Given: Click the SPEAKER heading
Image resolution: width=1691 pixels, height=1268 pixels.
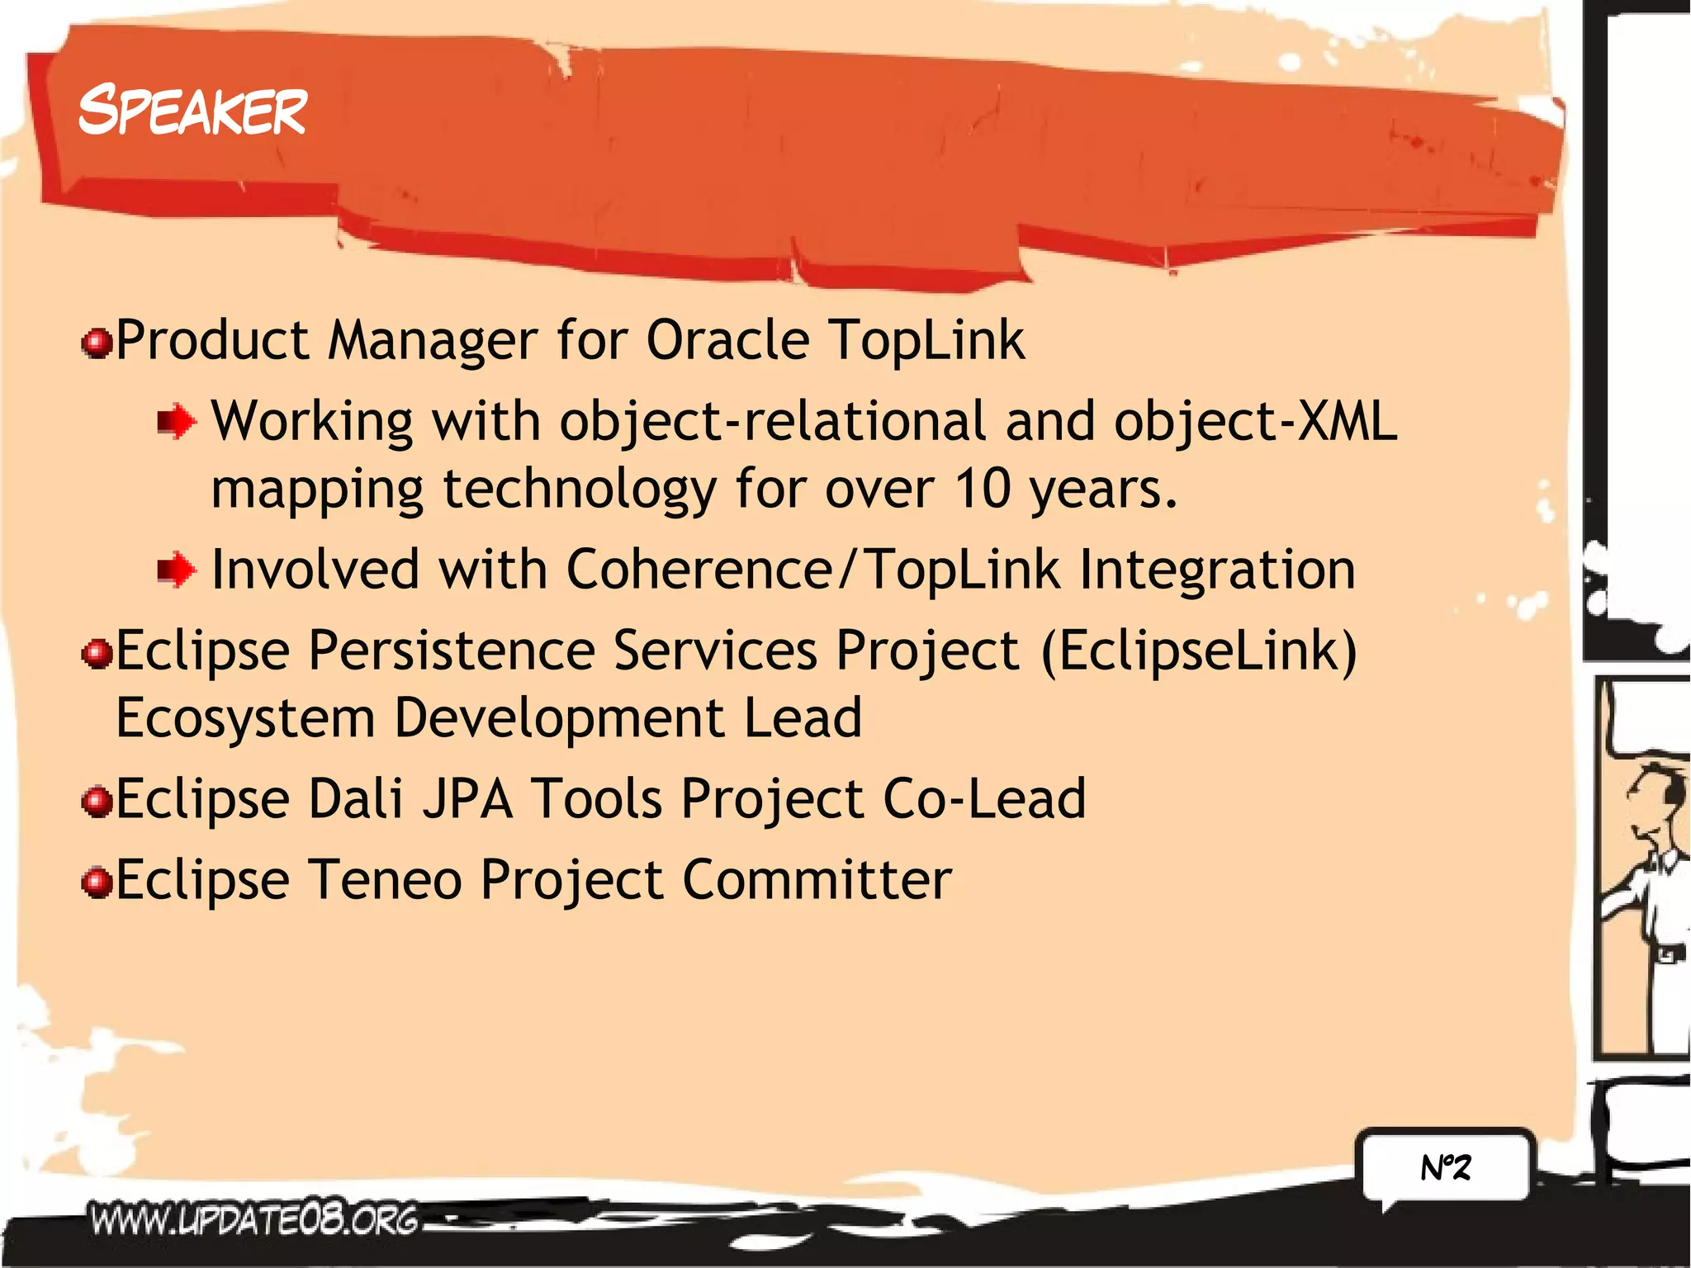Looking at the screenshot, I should pyautogui.click(x=192, y=111).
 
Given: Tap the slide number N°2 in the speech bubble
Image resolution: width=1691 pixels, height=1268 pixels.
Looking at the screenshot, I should pyautogui.click(x=1446, y=1167).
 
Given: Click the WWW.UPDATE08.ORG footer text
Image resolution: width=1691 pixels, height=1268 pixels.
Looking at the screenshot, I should pyautogui.click(x=254, y=1218).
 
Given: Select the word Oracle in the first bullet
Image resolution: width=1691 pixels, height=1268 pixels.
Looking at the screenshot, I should pyautogui.click(x=727, y=340).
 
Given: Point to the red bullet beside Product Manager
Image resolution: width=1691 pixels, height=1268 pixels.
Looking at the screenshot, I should pyautogui.click(x=97, y=343).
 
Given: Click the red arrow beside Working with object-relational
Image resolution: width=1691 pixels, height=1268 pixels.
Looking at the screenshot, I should pyautogui.click(x=177, y=422).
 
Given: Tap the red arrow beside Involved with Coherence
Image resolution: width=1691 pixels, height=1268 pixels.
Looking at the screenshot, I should pyautogui.click(x=177, y=570).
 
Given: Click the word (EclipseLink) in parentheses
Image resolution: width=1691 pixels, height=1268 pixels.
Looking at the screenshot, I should pyautogui.click(x=1199, y=651).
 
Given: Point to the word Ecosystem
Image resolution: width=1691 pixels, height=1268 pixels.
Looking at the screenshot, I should pyautogui.click(x=245, y=717).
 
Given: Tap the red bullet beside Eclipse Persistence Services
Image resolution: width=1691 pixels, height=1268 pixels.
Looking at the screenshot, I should pyautogui.click(x=97, y=654).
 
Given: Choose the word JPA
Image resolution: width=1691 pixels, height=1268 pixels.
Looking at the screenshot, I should pyautogui.click(x=468, y=798).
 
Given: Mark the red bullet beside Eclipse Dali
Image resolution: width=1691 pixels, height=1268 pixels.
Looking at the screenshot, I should pyautogui.click(x=97, y=802).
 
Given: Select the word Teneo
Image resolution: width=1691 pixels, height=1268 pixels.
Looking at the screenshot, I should pyautogui.click(x=386, y=879).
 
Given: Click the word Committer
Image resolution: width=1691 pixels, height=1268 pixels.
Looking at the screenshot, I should pyautogui.click(x=817, y=879).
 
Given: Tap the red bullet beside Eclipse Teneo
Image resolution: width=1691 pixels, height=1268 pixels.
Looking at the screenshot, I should pyautogui.click(x=97, y=882).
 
